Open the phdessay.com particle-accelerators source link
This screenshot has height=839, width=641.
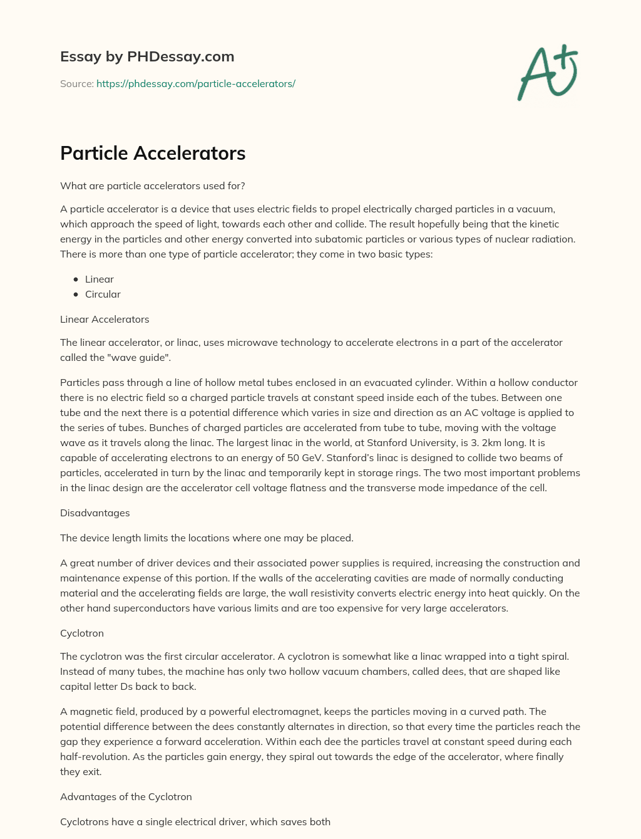point(195,83)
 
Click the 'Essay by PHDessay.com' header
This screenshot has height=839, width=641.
point(147,56)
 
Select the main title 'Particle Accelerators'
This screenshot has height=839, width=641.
point(153,153)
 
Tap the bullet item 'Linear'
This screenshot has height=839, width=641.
point(100,279)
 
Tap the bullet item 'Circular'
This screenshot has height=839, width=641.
point(103,294)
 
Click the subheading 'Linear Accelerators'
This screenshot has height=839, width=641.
point(105,319)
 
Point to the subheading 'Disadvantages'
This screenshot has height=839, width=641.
point(95,513)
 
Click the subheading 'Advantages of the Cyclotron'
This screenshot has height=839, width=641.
point(126,796)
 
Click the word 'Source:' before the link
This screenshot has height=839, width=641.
point(76,83)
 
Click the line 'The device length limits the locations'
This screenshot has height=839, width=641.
point(207,538)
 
